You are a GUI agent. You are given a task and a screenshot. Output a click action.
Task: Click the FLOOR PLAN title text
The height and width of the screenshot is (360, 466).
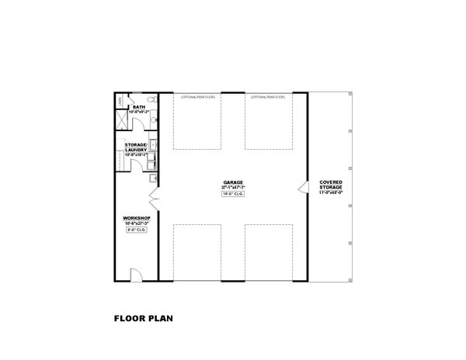(144, 317)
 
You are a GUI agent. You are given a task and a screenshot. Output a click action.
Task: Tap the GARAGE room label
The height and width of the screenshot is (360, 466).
(233, 183)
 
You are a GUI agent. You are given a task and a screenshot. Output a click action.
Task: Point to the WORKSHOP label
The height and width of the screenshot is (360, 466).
(137, 219)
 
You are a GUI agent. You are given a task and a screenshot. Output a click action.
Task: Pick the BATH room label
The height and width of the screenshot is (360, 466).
(140, 107)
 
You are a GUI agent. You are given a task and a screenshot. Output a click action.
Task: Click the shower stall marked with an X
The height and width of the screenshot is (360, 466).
(121, 118)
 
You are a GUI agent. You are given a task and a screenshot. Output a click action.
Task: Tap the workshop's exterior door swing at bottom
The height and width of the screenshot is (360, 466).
(134, 273)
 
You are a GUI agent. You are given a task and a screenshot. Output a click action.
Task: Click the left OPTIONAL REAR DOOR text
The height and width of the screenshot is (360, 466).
(198, 98)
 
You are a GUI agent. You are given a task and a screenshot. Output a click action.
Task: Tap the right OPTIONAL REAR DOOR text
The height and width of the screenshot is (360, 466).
(268, 98)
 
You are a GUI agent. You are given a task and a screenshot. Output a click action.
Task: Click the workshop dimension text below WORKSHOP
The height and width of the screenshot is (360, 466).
(137, 224)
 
